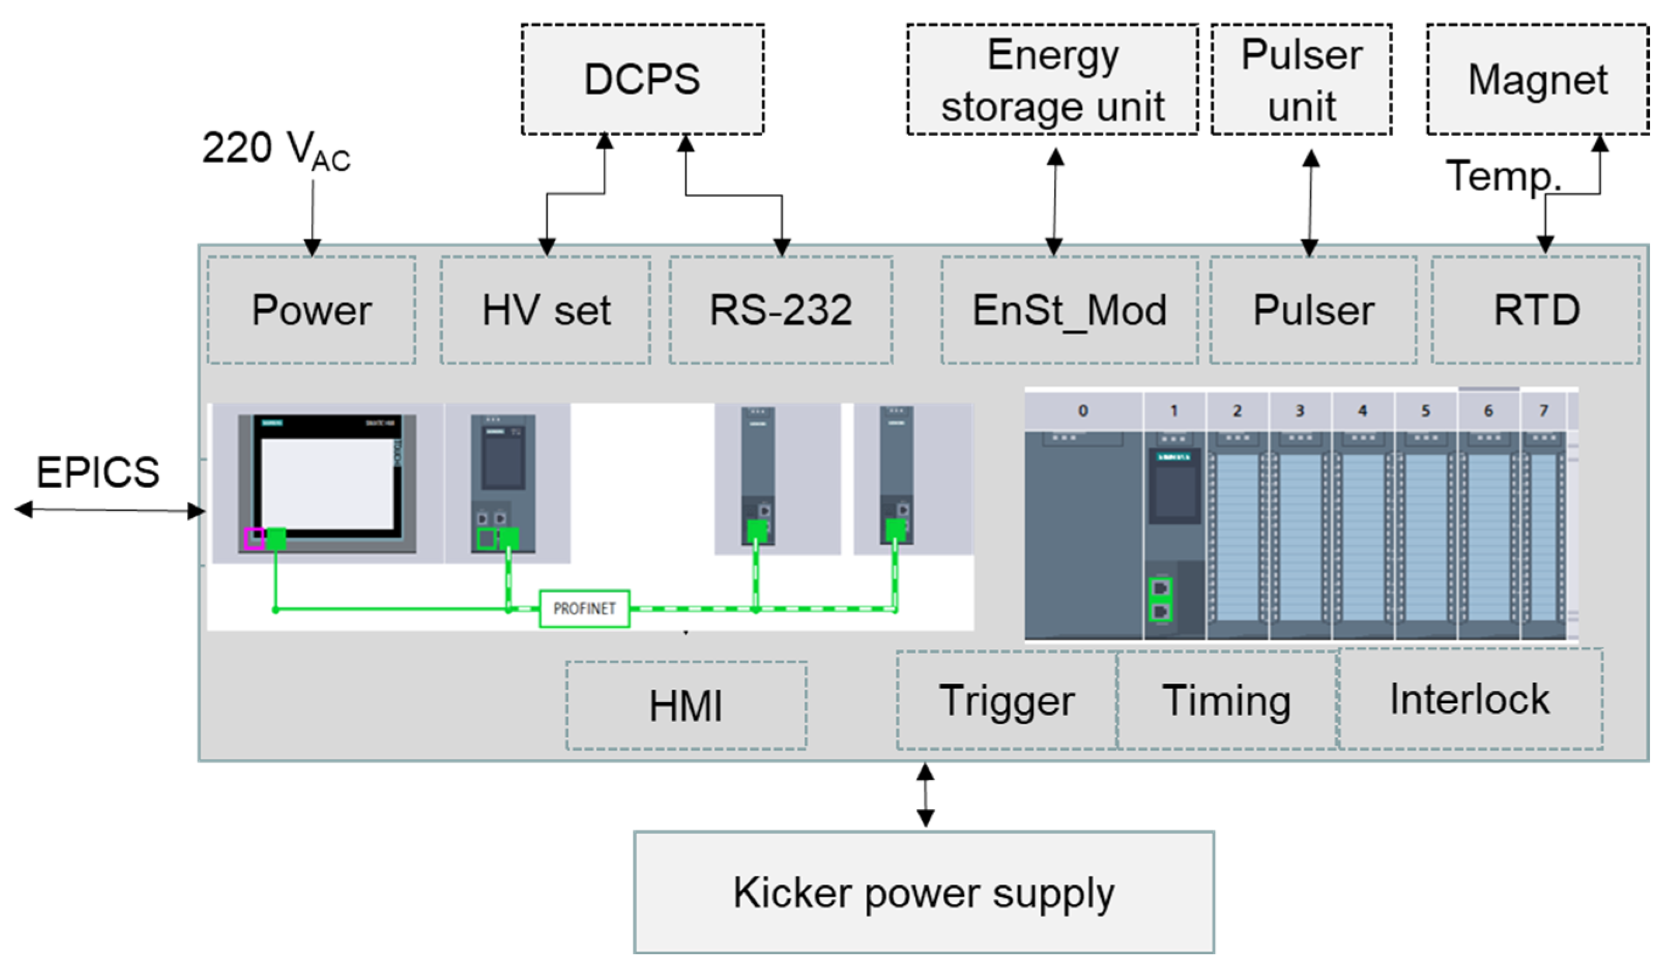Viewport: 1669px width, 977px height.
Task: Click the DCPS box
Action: (642, 79)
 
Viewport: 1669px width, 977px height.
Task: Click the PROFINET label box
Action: (584, 608)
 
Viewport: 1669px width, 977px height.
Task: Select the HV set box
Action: (545, 310)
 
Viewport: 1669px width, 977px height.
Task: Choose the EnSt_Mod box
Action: (1069, 310)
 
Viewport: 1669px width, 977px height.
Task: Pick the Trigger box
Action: (1006, 700)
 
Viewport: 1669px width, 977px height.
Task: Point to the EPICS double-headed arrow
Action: (109, 510)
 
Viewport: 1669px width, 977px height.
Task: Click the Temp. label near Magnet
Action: (1502, 176)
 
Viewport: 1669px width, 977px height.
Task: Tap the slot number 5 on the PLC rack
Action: (1425, 411)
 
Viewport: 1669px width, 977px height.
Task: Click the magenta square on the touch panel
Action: (254, 539)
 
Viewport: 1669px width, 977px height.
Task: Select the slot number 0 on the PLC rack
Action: (1082, 411)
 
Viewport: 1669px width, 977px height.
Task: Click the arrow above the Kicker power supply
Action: (925, 795)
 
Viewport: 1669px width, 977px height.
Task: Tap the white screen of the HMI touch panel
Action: (327, 483)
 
